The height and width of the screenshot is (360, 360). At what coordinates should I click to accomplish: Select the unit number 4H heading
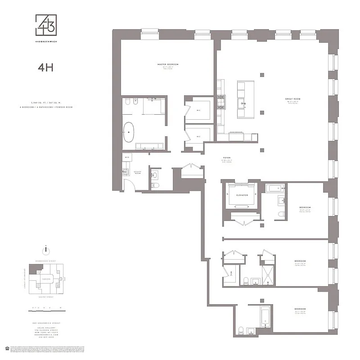(46, 68)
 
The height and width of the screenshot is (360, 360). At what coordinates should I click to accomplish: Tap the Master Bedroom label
(167, 65)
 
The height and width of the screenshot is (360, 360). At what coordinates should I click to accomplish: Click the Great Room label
(292, 99)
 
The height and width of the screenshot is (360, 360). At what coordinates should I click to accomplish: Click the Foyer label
(226, 158)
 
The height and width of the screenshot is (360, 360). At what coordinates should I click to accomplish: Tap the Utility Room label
(138, 172)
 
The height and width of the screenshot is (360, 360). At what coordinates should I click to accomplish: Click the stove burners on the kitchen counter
(221, 101)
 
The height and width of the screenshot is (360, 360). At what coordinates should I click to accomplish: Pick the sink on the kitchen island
(245, 103)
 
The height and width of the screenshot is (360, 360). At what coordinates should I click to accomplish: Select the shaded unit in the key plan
(33, 269)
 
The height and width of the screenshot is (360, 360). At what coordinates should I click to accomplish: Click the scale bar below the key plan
(45, 309)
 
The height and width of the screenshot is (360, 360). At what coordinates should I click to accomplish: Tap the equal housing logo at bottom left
(6, 348)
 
